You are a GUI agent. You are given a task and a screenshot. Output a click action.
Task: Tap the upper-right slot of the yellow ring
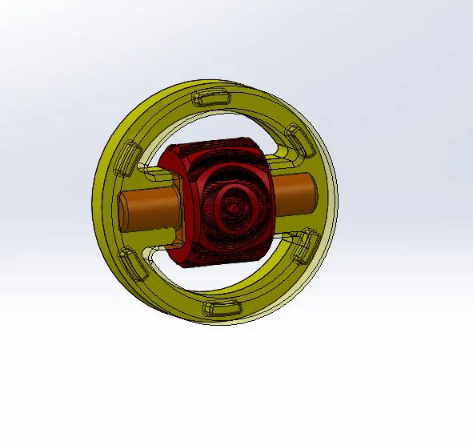(299, 141)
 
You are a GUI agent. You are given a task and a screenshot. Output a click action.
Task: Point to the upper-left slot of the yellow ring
(130, 156)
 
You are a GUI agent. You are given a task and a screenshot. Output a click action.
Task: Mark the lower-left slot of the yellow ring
(128, 261)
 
